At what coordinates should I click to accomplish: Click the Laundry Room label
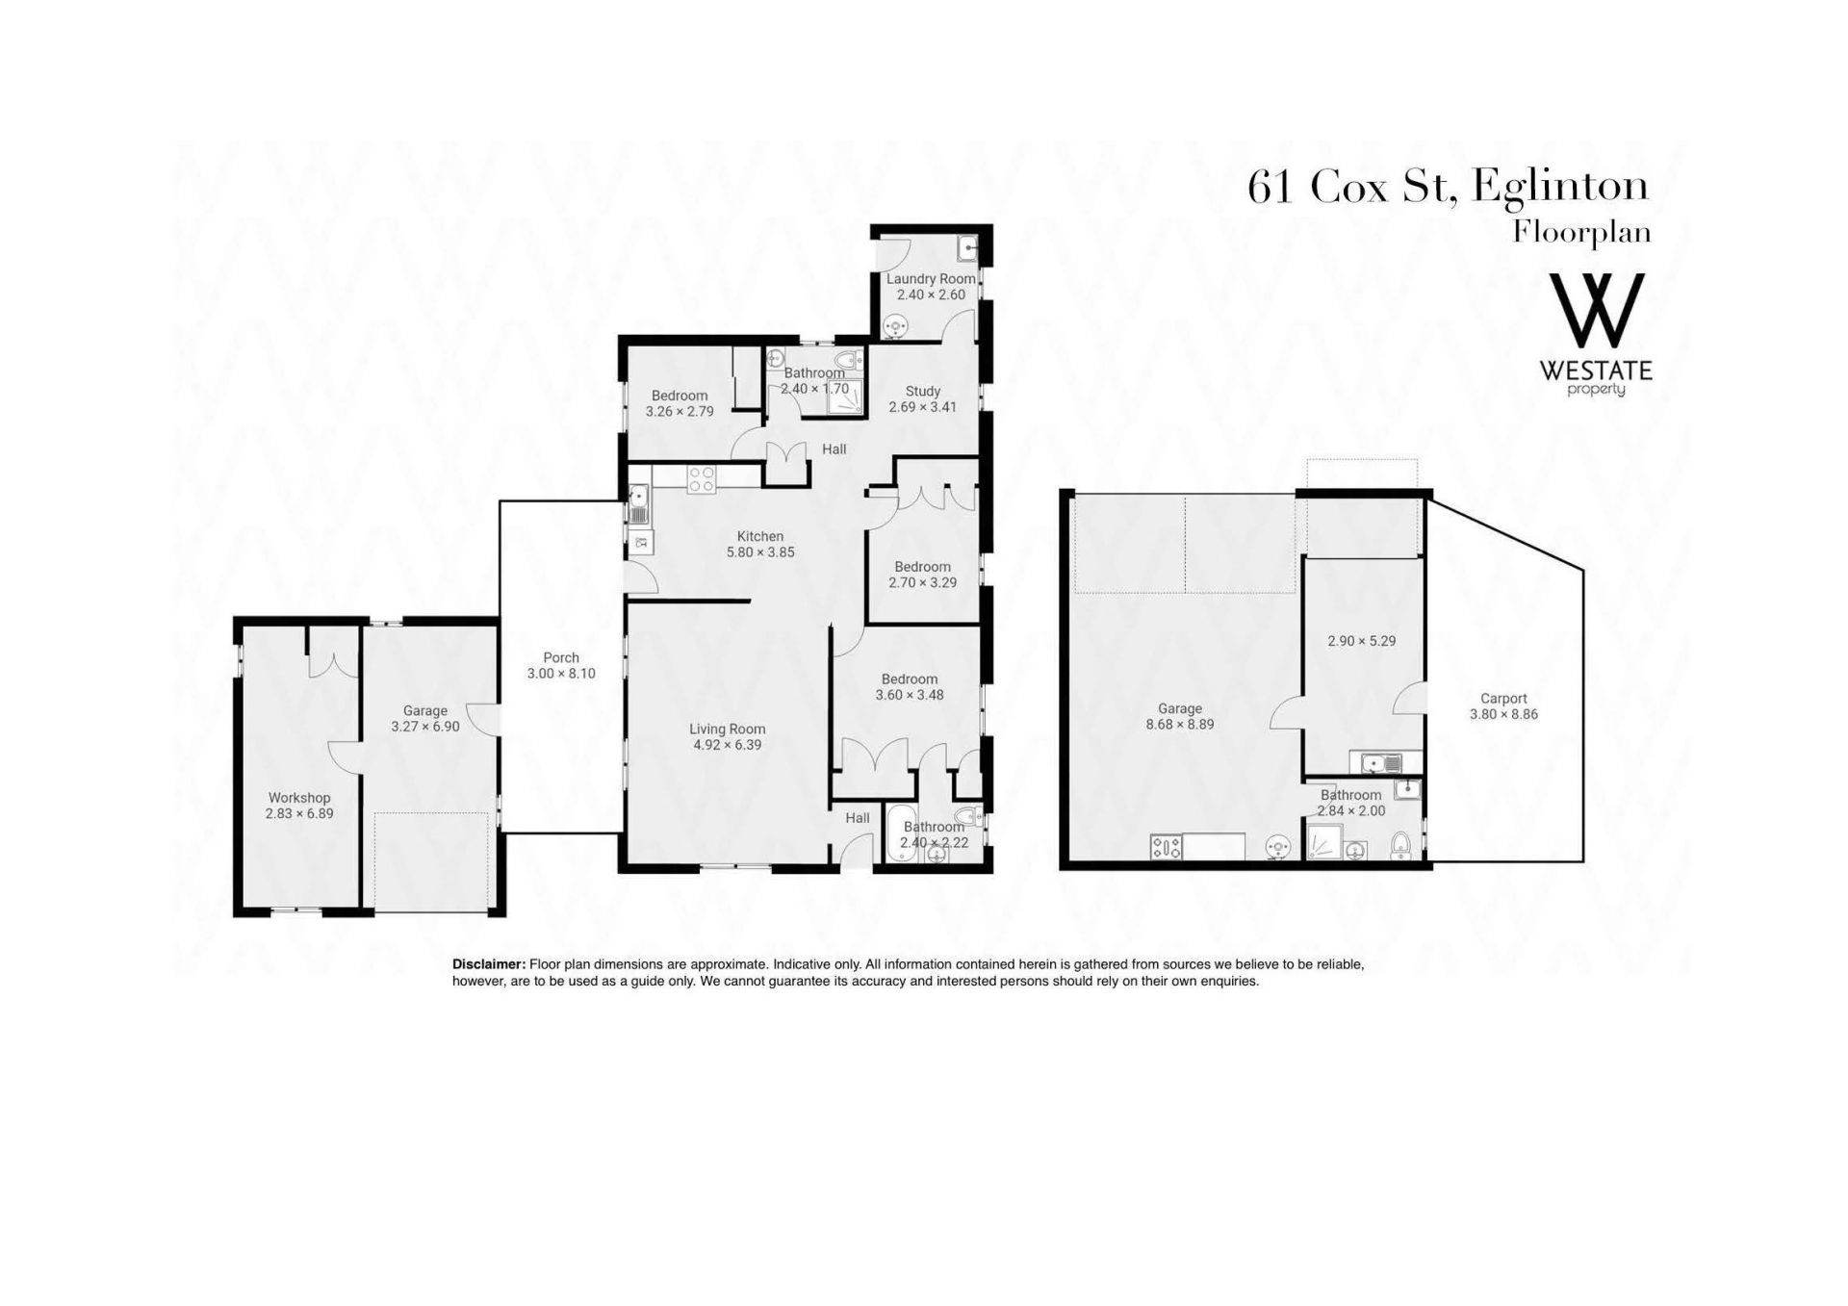click(931, 279)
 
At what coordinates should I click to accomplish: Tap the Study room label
click(923, 392)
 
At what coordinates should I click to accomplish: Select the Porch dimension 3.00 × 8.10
click(561, 674)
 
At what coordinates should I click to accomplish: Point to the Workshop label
click(299, 798)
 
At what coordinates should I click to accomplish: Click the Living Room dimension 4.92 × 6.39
click(727, 745)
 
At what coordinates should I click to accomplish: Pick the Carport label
click(1504, 699)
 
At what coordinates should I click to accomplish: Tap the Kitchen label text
click(760, 536)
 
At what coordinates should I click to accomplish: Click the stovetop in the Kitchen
click(702, 479)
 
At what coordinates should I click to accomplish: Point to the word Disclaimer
click(489, 964)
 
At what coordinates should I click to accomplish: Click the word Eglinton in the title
click(1560, 187)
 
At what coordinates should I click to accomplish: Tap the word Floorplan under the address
click(1582, 233)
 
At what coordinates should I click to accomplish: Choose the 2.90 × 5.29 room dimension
click(1362, 641)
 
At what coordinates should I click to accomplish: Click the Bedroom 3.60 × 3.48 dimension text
click(910, 695)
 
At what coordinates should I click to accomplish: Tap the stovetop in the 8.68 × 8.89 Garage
click(1166, 847)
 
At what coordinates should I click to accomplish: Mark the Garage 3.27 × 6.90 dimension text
click(425, 727)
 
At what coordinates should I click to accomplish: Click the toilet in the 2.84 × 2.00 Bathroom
click(1401, 844)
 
